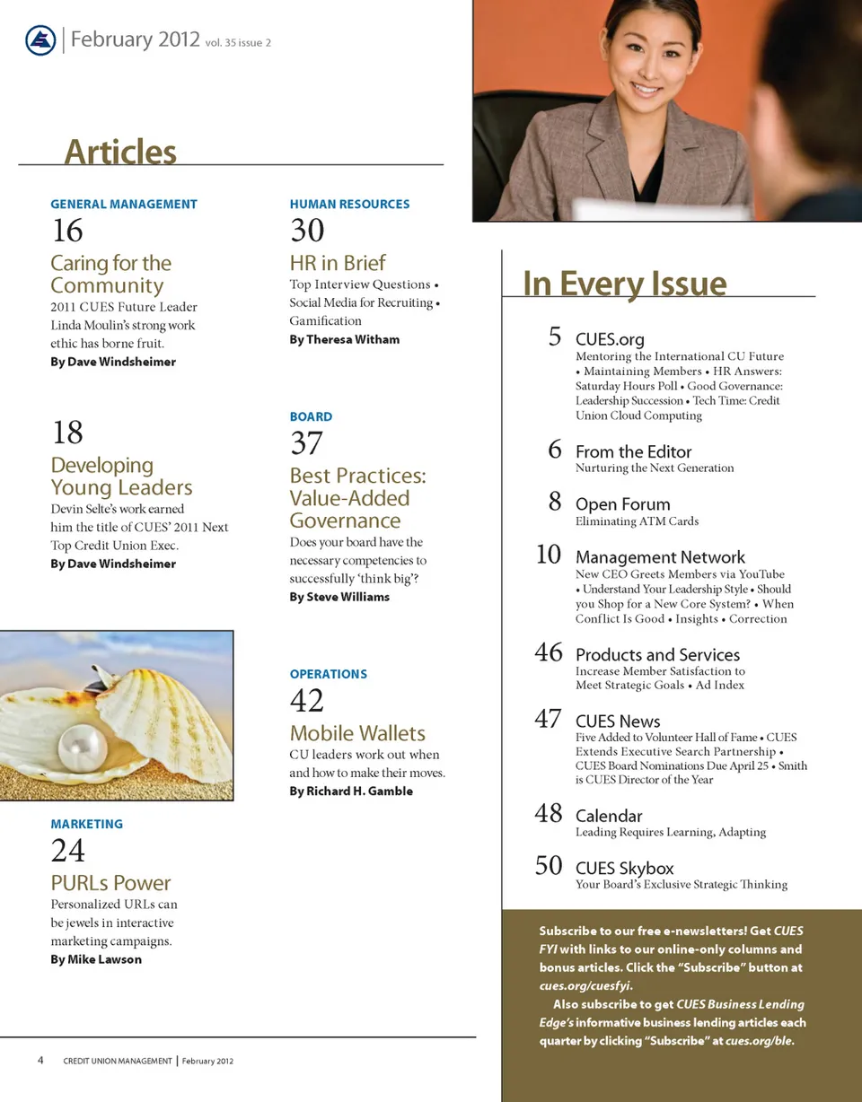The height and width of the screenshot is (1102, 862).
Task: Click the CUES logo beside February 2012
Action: click(x=40, y=40)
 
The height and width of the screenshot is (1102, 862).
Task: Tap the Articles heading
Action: click(x=120, y=152)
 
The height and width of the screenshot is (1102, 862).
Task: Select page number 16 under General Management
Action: click(x=67, y=231)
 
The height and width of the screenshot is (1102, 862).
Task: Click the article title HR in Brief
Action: click(x=337, y=263)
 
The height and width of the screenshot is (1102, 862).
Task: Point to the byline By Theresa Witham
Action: click(x=344, y=339)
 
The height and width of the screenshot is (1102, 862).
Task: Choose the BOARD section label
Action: click(x=311, y=416)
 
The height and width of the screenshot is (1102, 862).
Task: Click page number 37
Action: click(x=306, y=443)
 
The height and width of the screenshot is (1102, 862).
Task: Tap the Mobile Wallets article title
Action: click(x=357, y=732)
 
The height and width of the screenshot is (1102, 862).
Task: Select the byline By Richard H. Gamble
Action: click(x=351, y=792)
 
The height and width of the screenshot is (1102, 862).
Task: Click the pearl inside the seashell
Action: click(x=83, y=746)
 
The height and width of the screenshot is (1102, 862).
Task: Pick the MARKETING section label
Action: click(x=87, y=824)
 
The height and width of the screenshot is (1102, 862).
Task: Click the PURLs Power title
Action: click(x=110, y=882)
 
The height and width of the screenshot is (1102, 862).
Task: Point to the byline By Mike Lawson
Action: click(x=96, y=959)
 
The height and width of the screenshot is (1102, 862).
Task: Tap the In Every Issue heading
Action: click(x=624, y=284)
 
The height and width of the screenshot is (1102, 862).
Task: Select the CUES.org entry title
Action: click(x=610, y=339)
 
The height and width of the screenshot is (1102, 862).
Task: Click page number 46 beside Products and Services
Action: click(x=549, y=652)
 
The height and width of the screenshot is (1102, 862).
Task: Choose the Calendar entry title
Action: click(x=609, y=816)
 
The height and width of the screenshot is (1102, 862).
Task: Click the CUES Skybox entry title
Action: click(x=624, y=868)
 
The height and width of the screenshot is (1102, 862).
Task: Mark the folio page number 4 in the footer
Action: click(x=41, y=1060)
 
